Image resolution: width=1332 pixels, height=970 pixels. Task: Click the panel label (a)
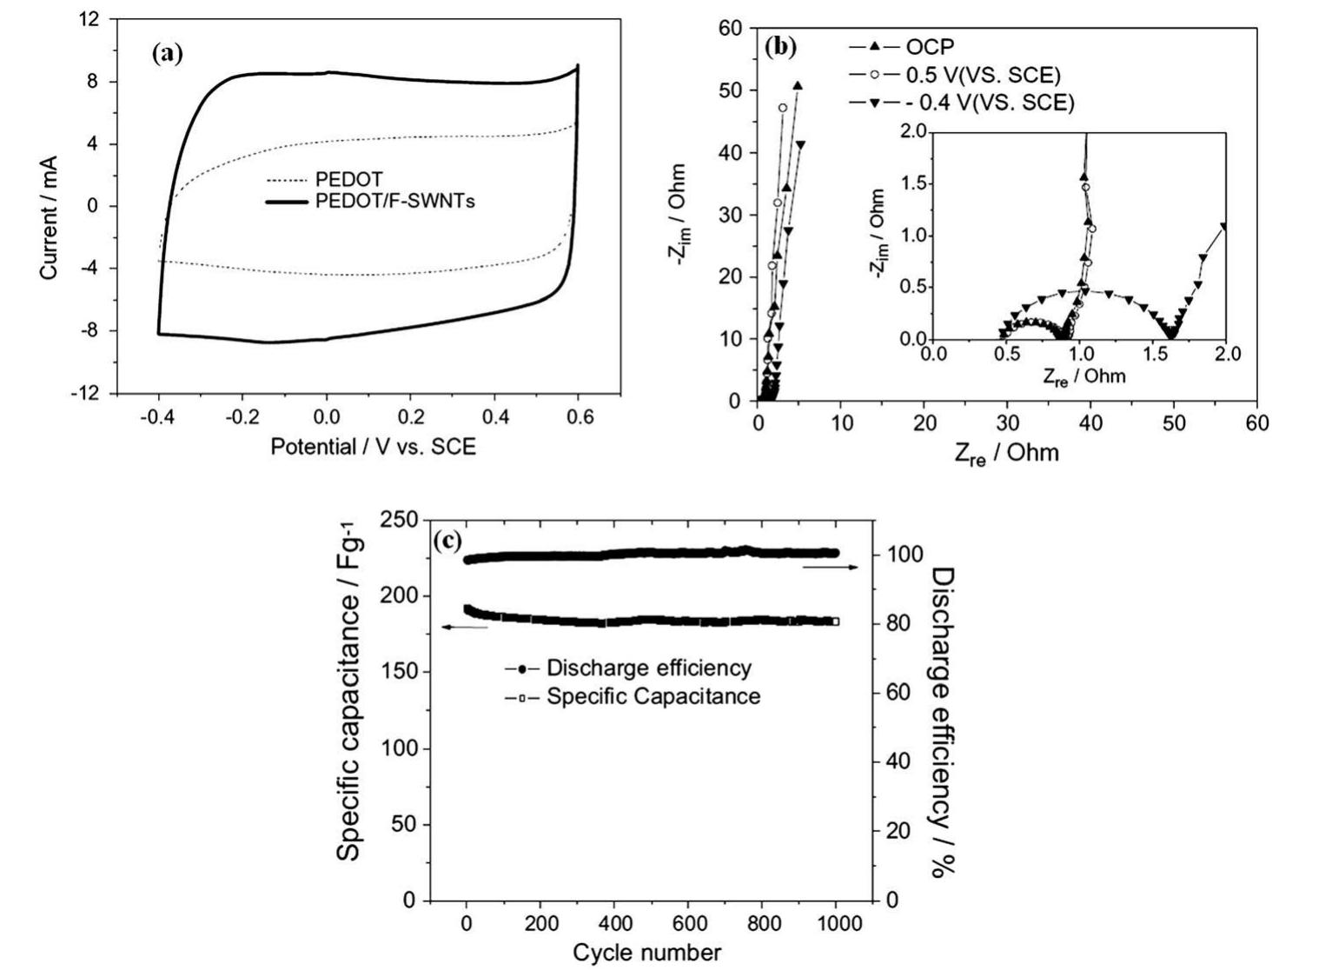(x=168, y=54)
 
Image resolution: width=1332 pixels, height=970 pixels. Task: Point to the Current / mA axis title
(x=49, y=218)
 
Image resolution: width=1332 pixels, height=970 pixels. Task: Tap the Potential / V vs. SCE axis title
(x=373, y=448)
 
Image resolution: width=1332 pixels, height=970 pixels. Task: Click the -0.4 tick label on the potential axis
(x=157, y=418)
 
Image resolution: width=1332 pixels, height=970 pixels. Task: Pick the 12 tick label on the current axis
(x=88, y=19)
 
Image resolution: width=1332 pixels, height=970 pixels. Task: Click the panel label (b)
(x=779, y=47)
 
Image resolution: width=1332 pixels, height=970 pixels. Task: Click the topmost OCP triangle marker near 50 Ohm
(x=798, y=86)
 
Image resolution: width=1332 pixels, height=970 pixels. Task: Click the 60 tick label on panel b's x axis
(x=1256, y=423)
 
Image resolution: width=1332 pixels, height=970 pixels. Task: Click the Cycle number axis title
(x=646, y=953)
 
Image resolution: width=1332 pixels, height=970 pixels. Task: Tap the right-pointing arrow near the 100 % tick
(x=831, y=567)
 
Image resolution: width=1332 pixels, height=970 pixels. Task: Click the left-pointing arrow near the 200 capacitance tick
(x=465, y=627)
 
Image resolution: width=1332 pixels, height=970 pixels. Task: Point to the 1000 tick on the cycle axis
(x=837, y=923)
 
